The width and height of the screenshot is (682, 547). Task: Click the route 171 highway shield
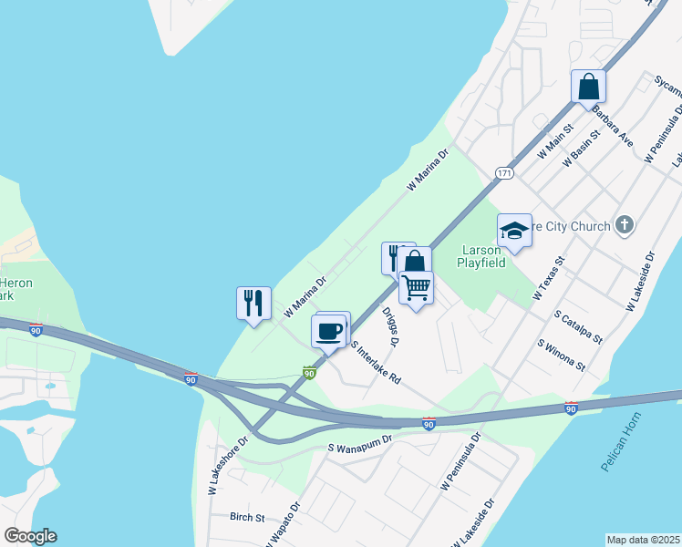tap(503, 172)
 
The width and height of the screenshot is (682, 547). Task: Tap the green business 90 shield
tap(309, 372)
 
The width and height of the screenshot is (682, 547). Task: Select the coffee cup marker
tap(329, 330)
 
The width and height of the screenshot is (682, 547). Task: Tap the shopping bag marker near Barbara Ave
tap(588, 87)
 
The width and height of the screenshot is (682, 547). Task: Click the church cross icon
tap(625, 225)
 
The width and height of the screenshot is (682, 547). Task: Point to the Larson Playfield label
tap(481, 257)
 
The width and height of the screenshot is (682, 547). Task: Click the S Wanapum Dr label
tap(359, 444)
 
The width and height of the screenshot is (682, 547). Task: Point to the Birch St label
tap(246, 517)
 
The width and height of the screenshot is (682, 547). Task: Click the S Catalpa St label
tap(578, 325)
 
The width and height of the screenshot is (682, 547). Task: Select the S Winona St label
tap(561, 355)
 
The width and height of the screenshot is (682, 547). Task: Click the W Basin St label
tap(582, 148)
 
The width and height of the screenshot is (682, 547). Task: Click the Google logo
tap(30, 536)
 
